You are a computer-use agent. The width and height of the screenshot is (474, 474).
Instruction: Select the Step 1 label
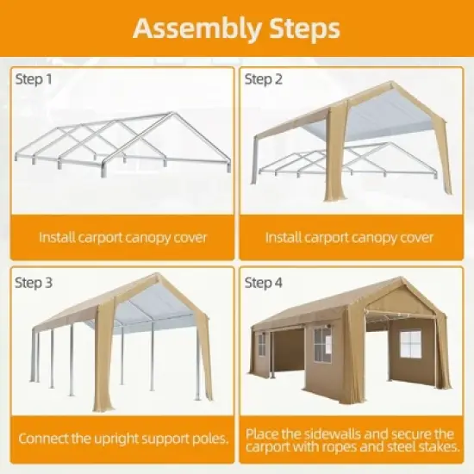[34, 79]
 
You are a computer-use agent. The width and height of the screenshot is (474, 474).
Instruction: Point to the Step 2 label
[265, 79]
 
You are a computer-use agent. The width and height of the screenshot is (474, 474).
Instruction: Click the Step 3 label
[34, 282]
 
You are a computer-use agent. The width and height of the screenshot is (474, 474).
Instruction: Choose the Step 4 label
[265, 282]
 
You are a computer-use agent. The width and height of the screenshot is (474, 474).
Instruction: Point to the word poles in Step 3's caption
[210, 439]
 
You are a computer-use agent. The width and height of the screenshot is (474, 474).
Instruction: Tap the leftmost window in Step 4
[262, 345]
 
